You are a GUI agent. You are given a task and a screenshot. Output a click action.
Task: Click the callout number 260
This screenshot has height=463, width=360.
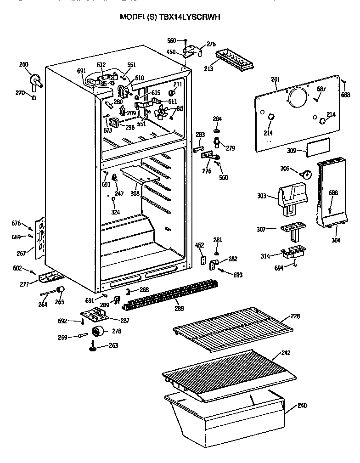tap(23, 64)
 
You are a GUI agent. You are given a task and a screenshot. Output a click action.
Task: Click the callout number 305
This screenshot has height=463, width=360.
tap(285, 169)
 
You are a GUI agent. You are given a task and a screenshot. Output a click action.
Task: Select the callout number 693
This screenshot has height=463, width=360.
tap(237, 275)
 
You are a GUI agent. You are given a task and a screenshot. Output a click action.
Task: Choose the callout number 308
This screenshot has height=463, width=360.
tap(135, 194)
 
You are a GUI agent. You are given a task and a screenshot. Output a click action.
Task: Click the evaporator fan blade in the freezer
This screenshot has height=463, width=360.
tap(162, 112)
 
